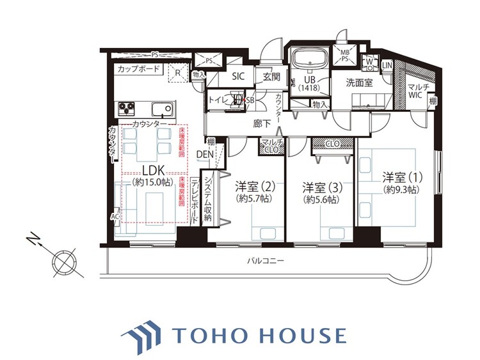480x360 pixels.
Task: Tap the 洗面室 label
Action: point(359,82)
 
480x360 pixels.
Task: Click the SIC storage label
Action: point(238,76)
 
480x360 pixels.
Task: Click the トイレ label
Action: point(219,100)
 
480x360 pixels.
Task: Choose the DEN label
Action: point(205,154)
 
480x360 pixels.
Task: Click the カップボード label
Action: point(138,68)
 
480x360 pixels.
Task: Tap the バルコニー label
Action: point(266,261)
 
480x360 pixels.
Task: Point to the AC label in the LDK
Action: point(115,216)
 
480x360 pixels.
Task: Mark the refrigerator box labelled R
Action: point(178,73)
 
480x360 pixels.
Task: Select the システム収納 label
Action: point(207,198)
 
